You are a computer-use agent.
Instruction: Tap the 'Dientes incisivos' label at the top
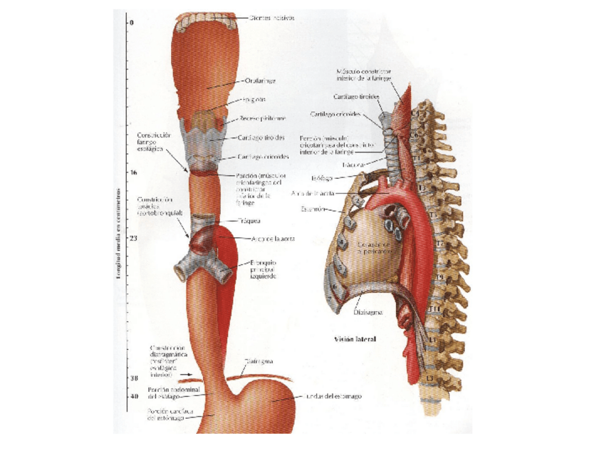(x=271, y=18)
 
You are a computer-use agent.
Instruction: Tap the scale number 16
(x=133, y=172)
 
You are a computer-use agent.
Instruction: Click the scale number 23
(x=133, y=237)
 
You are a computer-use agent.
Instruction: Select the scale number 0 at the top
(x=132, y=23)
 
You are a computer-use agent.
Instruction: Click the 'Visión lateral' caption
(x=355, y=340)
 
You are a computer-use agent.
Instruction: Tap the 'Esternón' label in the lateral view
(x=313, y=209)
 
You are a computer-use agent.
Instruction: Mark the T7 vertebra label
(x=439, y=244)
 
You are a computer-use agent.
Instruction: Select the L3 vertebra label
(x=429, y=378)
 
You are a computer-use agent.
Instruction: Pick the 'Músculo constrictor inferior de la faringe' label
(x=364, y=75)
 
